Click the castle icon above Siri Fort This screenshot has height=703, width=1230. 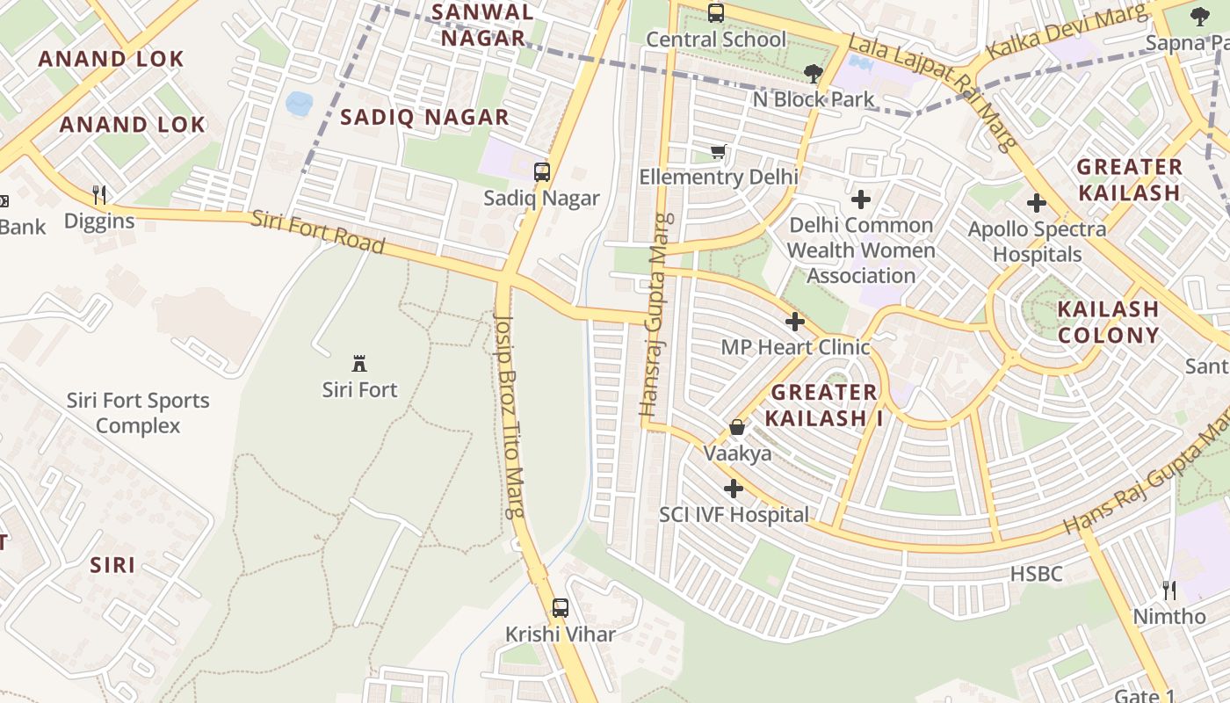[x=358, y=363]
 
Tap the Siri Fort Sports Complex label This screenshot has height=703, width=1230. [x=138, y=413]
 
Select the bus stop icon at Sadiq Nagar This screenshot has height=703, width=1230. [x=542, y=172]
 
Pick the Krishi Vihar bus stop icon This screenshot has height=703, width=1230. [x=560, y=607]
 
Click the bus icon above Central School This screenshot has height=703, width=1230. [x=716, y=13]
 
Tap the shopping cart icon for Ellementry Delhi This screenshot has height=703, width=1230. [x=719, y=152]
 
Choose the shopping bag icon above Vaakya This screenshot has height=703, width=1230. [x=737, y=428]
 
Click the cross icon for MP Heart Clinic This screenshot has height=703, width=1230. [x=795, y=322]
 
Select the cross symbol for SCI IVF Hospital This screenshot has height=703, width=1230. [x=734, y=489]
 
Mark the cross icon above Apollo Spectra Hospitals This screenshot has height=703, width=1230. [x=1037, y=203]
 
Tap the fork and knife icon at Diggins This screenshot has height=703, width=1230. [x=99, y=194]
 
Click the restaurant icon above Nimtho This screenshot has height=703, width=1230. [x=1169, y=590]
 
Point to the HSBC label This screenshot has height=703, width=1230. [x=1036, y=575]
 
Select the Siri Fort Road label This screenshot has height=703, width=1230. [x=317, y=232]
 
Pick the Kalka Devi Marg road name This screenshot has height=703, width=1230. [x=1067, y=32]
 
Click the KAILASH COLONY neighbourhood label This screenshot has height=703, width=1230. [x=1108, y=322]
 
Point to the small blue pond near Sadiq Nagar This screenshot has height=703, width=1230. [x=299, y=103]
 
